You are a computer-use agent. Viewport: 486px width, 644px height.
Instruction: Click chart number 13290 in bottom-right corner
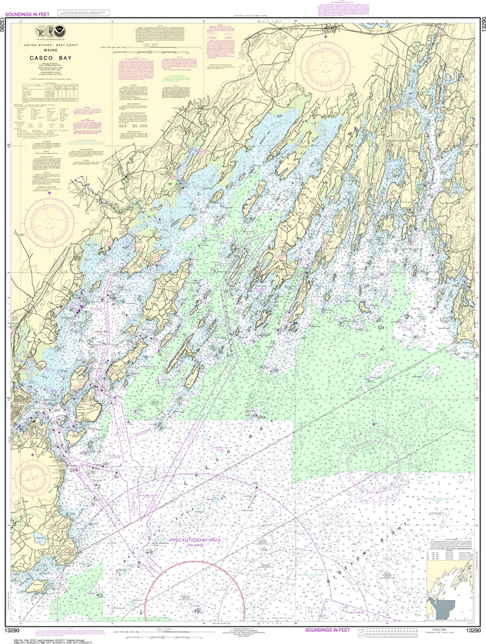coord(473,630)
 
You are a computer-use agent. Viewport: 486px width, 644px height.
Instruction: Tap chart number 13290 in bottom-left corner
coord(14,630)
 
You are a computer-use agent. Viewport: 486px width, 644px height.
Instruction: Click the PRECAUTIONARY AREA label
coord(193,540)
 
